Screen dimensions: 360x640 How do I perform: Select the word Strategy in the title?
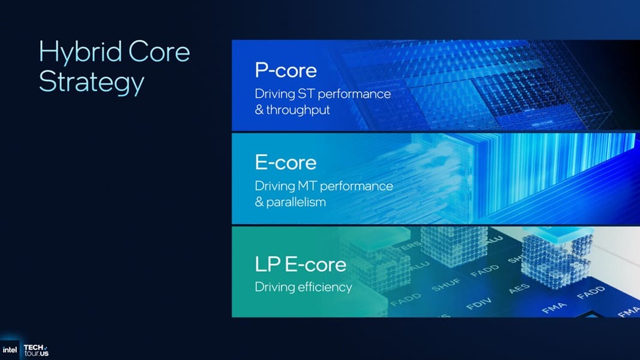91,82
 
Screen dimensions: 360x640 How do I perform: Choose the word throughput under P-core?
298,110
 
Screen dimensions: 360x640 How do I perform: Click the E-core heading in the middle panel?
285,162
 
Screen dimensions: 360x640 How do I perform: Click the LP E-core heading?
300,264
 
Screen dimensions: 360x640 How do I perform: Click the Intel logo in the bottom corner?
10,350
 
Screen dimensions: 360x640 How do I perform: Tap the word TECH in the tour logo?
33,347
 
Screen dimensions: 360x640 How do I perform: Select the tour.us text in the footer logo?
36,354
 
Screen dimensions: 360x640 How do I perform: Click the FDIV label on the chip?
479,300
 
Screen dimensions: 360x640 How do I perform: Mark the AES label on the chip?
519,289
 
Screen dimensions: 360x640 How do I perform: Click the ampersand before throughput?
259,110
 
